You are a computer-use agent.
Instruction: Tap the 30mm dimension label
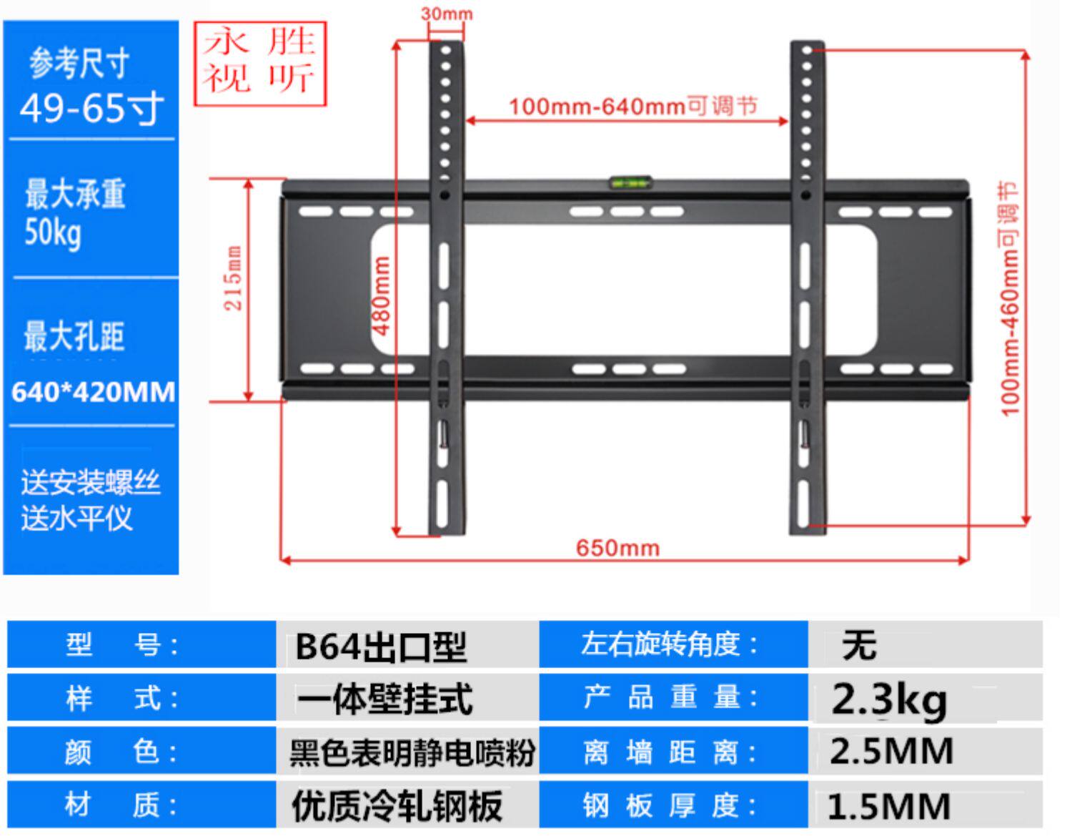coord(447,14)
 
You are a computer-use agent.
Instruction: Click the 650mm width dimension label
coord(617,548)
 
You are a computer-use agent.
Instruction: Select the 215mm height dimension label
coord(233,278)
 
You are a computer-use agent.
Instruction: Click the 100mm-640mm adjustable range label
coord(632,107)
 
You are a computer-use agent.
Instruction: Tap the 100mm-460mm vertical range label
coord(1009,298)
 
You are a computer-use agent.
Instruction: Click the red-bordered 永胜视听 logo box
coord(260,64)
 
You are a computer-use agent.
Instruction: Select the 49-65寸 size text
coord(91,109)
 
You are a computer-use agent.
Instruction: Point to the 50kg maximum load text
coord(53,233)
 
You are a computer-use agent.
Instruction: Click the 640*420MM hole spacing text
coord(93,392)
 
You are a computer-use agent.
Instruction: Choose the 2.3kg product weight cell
coord(890,700)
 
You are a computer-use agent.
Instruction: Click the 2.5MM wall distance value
coord(891,752)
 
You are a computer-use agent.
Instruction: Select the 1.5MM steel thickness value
coord(889,806)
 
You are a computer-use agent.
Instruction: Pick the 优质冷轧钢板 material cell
coord(397,806)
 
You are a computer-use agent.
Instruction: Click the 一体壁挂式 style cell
coord(384,700)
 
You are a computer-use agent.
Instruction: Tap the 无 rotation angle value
coord(859,645)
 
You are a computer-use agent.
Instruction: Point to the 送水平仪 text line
coord(76,518)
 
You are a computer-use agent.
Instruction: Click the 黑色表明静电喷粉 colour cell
coord(412,753)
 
